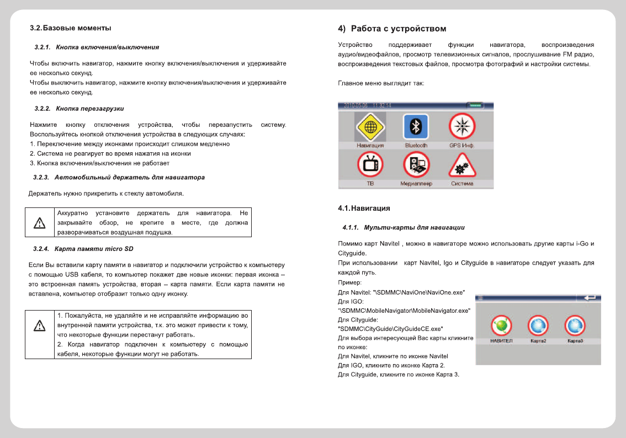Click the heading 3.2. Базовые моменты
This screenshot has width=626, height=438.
click(70, 28)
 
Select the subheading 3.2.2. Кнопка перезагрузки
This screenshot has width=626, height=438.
click(79, 108)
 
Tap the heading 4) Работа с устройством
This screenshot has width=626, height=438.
click(392, 29)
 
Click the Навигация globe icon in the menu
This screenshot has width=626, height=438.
click(370, 127)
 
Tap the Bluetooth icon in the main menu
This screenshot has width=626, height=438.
click(416, 127)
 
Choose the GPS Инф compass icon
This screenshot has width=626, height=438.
click(461, 127)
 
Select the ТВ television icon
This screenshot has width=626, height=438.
click(370, 165)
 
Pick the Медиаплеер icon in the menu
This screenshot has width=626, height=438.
click(416, 165)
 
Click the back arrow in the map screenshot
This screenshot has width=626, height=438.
click(590, 298)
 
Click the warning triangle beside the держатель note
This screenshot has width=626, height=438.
click(39, 223)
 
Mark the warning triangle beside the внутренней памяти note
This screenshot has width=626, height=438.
click(39, 326)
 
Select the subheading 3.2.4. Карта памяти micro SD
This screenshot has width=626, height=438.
click(83, 249)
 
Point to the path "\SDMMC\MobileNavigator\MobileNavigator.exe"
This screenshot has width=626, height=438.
click(404, 311)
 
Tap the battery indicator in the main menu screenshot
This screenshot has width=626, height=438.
click(475, 105)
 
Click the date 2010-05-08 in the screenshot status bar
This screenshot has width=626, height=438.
click(356, 105)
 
